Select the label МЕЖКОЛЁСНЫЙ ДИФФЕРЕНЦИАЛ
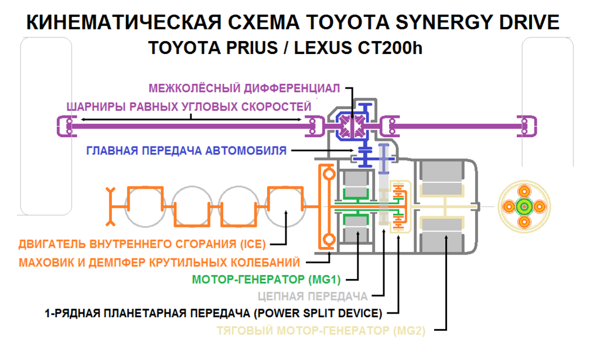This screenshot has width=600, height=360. pos(244,89)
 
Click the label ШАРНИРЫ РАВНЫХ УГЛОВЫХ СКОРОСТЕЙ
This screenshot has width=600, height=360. pos(189,107)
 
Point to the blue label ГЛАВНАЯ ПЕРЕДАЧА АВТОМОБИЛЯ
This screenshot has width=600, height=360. pos(186,151)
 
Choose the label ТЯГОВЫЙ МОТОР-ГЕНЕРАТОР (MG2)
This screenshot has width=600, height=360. pos(321,330)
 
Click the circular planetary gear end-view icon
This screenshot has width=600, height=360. pos(523,206)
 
